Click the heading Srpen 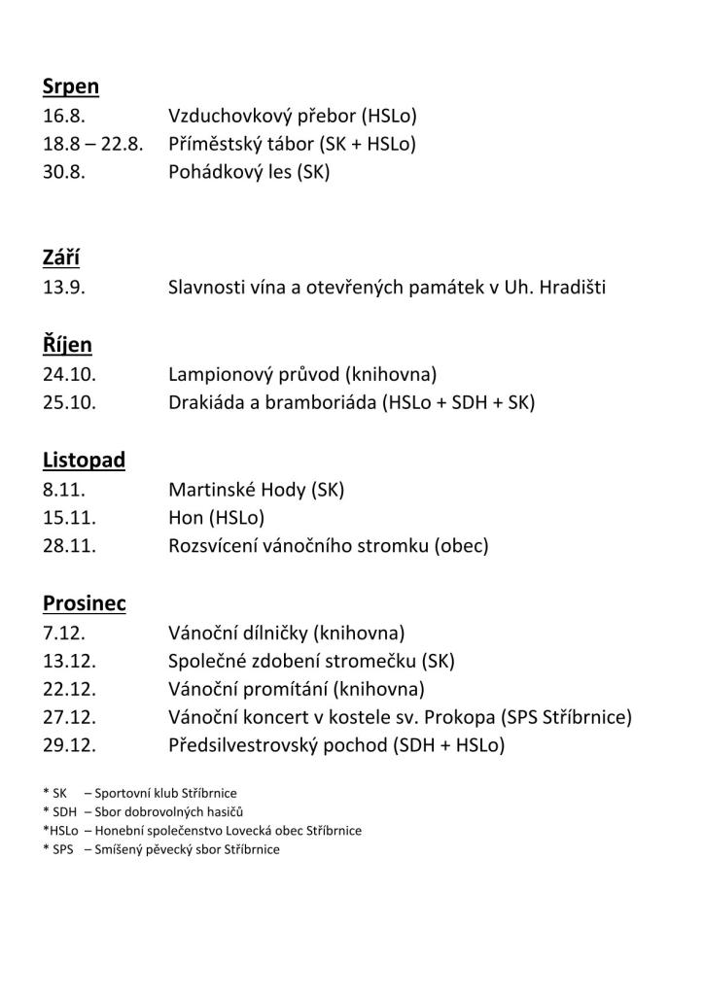tap(70, 86)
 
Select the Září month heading tap(60, 257)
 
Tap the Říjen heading tap(67, 345)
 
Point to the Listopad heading tap(84, 460)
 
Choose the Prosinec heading tap(84, 603)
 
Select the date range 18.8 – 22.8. tap(92, 145)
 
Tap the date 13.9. tap(63, 289)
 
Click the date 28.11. tap(69, 546)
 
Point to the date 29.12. tap(69, 746)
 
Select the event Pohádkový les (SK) tap(249, 174)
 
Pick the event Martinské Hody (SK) tap(256, 490)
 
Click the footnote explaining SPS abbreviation tap(160, 849)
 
